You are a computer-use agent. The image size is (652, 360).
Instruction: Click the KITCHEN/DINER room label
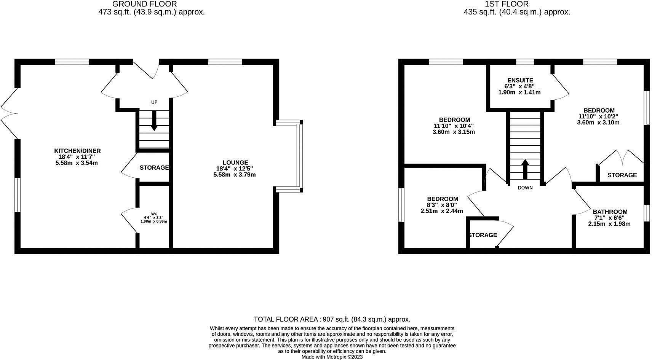click(77, 151)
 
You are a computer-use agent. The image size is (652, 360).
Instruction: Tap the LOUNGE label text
click(235, 162)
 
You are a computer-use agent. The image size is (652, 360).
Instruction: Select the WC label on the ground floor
click(154, 214)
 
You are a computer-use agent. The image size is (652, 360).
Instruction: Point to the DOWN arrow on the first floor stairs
click(525, 169)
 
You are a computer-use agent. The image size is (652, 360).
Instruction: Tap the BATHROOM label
click(610, 212)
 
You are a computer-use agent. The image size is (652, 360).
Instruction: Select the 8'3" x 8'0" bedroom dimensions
click(442, 205)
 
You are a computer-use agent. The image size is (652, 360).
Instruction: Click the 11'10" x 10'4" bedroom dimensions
click(454, 126)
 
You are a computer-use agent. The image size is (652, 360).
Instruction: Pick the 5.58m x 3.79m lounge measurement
click(235, 175)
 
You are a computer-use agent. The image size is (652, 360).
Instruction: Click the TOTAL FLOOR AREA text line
click(332, 319)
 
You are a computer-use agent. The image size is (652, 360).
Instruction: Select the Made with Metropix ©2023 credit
click(332, 357)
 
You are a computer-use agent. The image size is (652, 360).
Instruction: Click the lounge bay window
click(300, 155)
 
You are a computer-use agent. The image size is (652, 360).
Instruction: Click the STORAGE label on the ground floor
click(154, 167)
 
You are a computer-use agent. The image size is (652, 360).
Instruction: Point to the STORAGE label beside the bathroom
click(622, 175)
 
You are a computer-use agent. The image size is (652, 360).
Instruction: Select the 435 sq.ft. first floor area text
click(516, 12)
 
